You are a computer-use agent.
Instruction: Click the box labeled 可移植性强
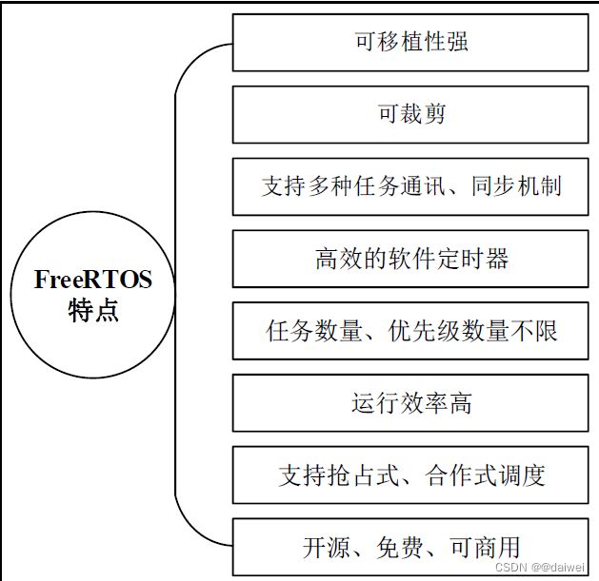point(410,43)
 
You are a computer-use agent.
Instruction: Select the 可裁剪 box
point(410,115)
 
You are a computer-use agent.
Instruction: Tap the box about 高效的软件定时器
point(410,259)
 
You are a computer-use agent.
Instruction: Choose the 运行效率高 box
point(410,403)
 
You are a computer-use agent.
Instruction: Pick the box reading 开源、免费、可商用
point(410,547)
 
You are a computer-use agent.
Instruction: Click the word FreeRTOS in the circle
point(92,280)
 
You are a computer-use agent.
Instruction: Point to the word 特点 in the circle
point(93,311)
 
